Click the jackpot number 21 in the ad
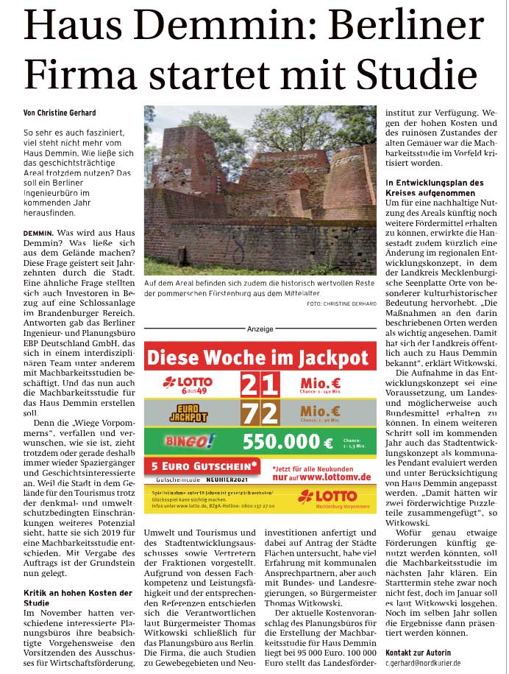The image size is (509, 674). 260,384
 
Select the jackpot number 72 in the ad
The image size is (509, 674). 260,413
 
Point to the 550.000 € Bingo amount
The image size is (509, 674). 288,442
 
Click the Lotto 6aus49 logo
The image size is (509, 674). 188,383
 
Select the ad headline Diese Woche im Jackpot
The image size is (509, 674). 257,358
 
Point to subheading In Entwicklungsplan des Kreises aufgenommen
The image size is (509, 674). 435,187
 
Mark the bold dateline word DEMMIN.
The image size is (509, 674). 38,233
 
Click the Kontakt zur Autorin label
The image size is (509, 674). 418,652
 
